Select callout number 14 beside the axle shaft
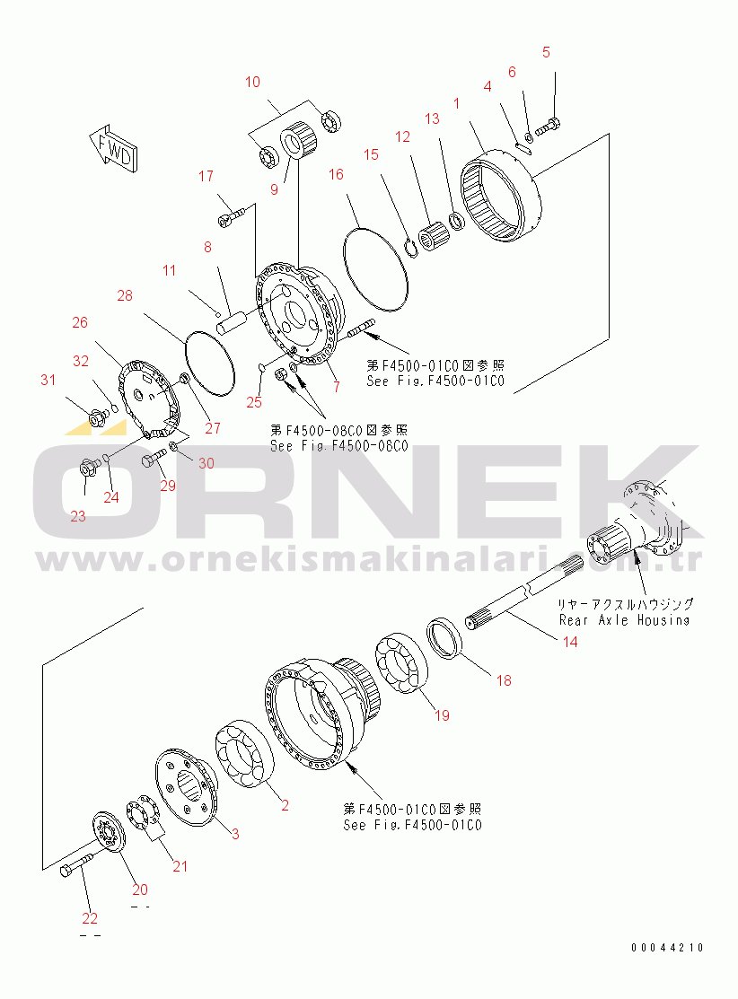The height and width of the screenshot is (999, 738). (x=570, y=641)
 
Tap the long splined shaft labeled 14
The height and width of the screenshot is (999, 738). (x=521, y=600)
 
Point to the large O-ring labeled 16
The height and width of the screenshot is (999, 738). (x=378, y=259)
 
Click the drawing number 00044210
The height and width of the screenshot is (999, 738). (x=666, y=948)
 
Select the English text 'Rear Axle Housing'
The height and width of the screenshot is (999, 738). (x=624, y=619)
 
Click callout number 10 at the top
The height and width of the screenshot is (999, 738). (x=252, y=83)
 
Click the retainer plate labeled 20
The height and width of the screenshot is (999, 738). (x=112, y=836)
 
